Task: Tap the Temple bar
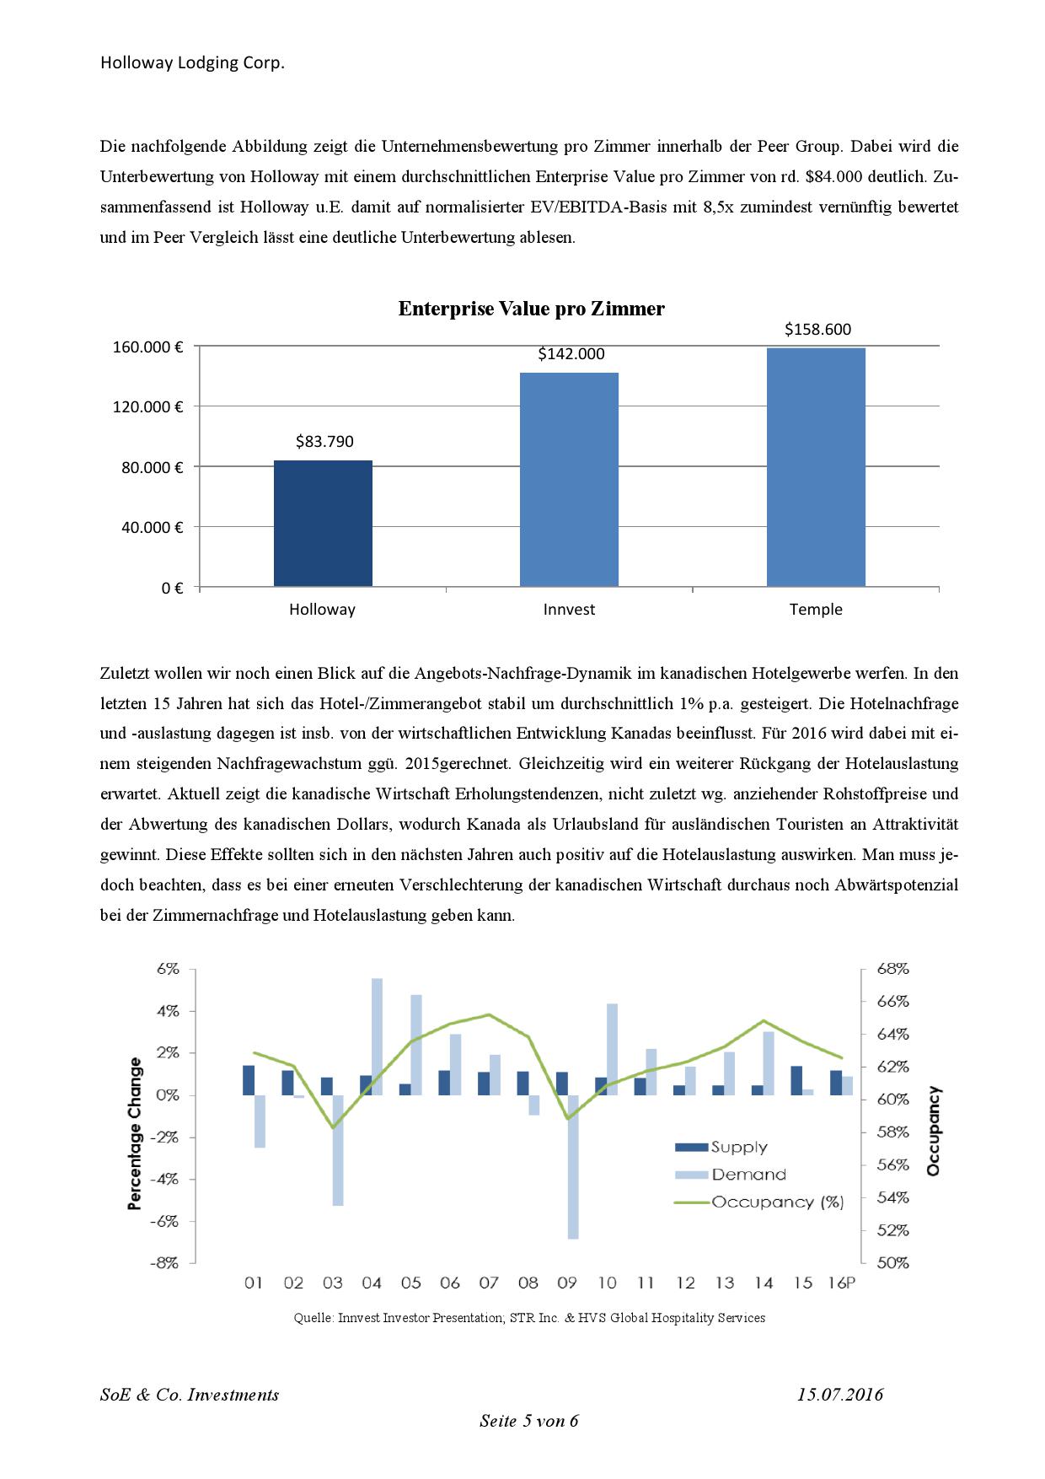(x=816, y=467)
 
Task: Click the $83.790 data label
(x=324, y=441)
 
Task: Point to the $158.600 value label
(x=817, y=329)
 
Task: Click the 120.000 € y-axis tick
(x=148, y=406)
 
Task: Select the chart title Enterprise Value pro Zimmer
(x=531, y=309)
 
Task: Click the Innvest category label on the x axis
(x=569, y=609)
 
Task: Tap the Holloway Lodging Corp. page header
(x=192, y=62)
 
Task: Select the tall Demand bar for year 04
(x=377, y=1036)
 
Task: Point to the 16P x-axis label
(x=841, y=1283)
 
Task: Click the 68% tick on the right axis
(x=892, y=969)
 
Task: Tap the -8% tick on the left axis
(x=165, y=1262)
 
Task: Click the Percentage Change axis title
(x=135, y=1133)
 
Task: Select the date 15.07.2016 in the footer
(x=839, y=1394)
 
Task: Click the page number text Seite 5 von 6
(x=528, y=1421)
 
